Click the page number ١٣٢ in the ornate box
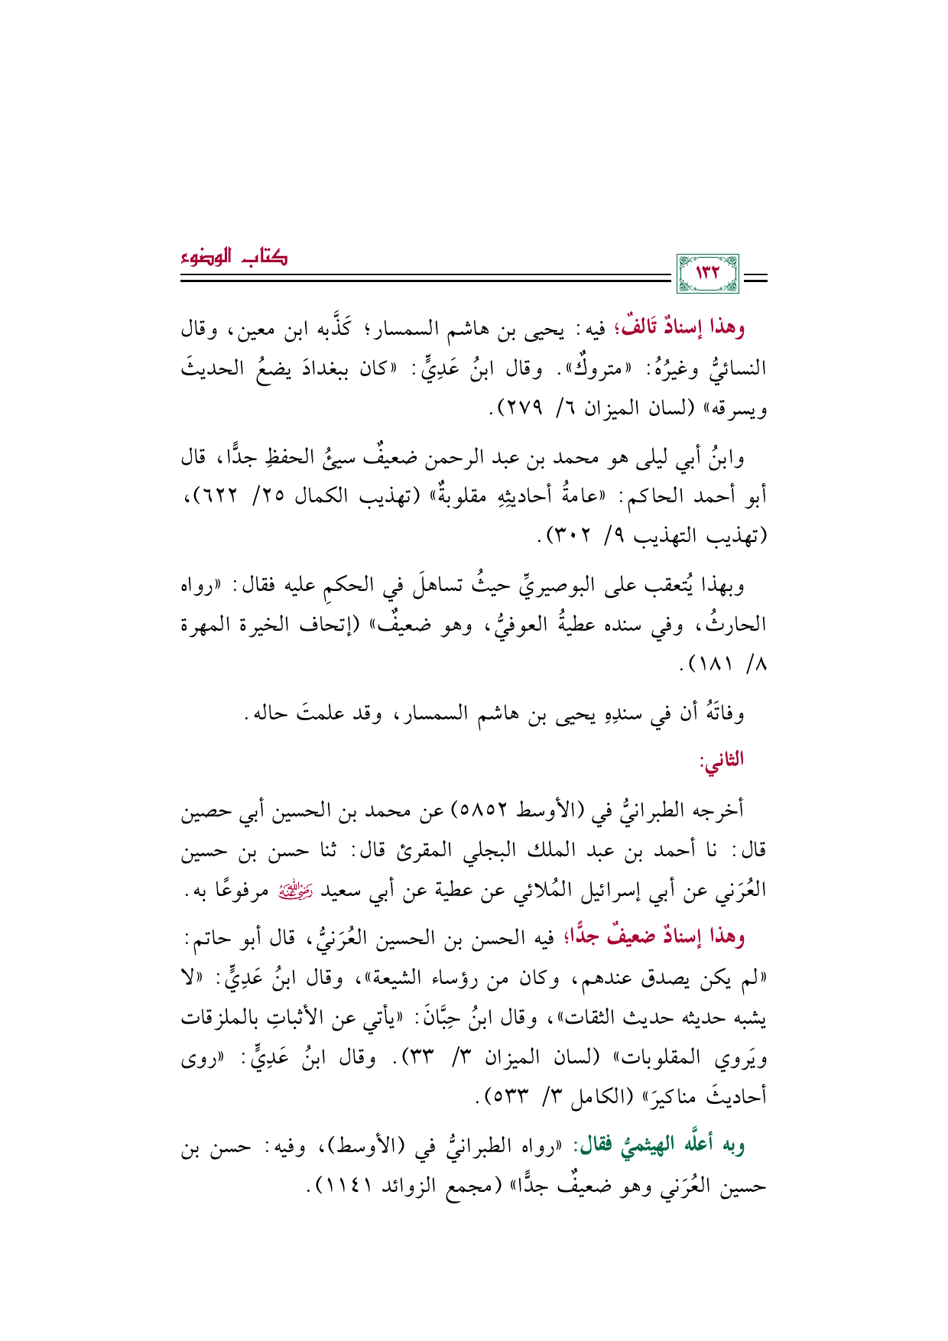[709, 273]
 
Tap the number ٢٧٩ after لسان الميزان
[520, 408]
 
